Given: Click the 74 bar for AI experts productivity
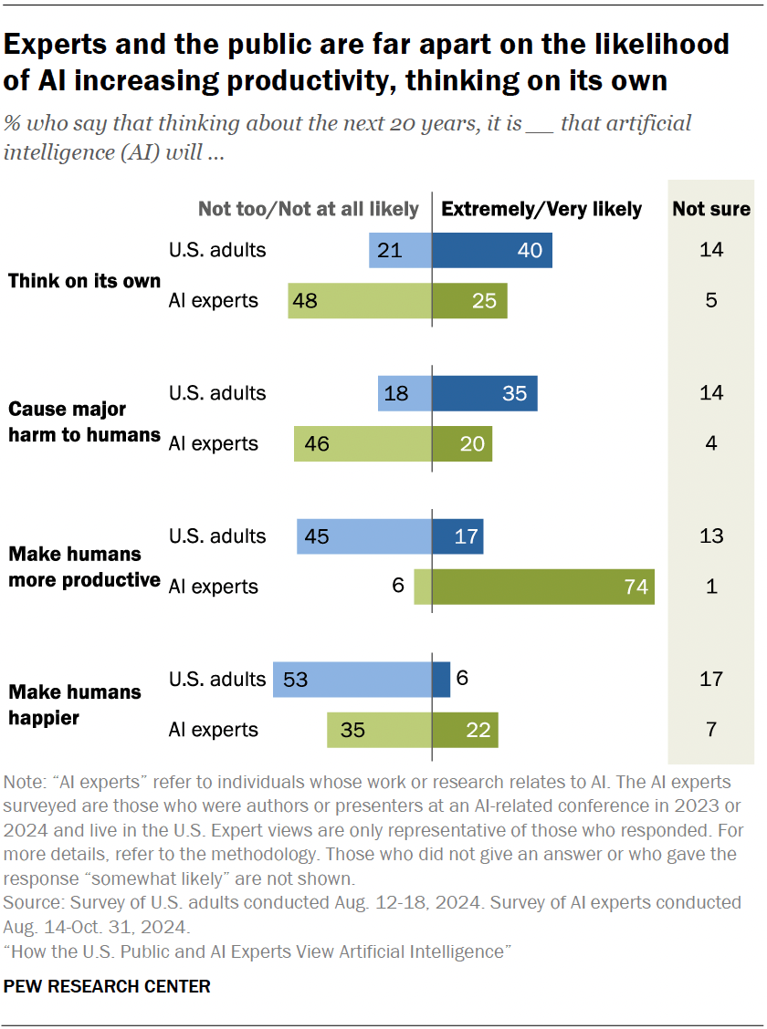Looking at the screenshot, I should [542, 587].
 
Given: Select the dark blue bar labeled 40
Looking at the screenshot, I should [491, 250].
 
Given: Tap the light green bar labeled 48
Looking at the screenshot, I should [359, 301].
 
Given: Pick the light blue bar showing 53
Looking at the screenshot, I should [352, 680].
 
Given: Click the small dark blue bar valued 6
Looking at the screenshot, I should [441, 680].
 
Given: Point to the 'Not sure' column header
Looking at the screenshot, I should [711, 209].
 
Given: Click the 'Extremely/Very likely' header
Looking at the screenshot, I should [541, 209].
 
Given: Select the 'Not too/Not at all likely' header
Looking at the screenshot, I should [309, 209].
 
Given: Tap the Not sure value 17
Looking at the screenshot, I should [711, 680].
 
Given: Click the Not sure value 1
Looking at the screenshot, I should [711, 587].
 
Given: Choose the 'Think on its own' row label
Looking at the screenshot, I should [84, 281].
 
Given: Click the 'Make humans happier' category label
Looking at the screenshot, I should [75, 704].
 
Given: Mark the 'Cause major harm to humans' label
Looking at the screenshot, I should [84, 421].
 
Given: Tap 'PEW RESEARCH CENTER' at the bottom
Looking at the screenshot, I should [107, 986].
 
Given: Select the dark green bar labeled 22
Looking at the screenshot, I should [465, 730].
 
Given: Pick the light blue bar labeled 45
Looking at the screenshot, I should [363, 536].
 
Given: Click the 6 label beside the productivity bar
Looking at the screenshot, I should [398, 587].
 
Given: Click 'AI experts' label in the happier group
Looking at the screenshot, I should [213, 730].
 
